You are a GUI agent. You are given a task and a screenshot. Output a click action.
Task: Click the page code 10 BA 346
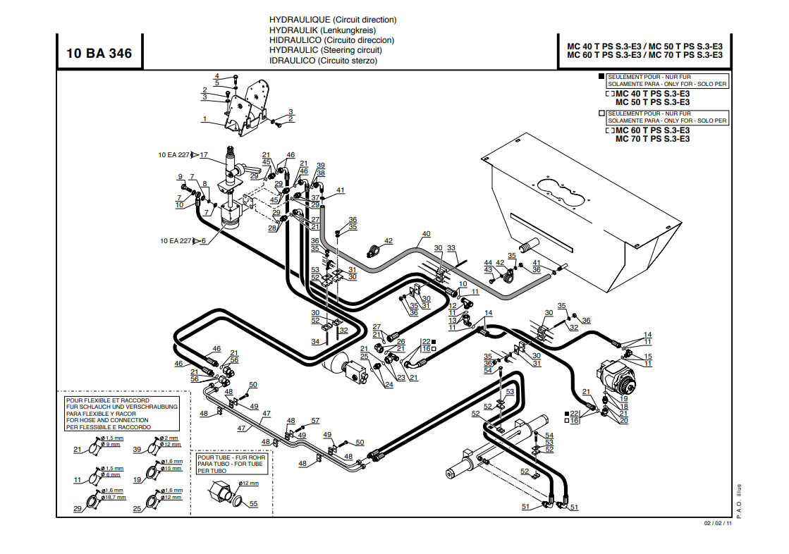pyautogui.click(x=99, y=54)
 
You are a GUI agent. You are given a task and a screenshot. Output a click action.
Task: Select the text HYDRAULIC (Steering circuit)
pyautogui.click(x=326, y=50)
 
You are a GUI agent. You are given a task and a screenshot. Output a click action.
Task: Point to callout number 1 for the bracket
pyautogui.click(x=204, y=119)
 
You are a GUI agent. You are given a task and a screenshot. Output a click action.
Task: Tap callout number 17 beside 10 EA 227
pyautogui.click(x=204, y=155)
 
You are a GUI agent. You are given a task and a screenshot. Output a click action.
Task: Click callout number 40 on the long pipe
pyautogui.click(x=426, y=234)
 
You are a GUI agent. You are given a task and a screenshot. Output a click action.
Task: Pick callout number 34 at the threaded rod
pyautogui.click(x=316, y=342)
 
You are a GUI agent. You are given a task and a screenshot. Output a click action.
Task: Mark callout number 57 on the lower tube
pyautogui.click(x=315, y=421)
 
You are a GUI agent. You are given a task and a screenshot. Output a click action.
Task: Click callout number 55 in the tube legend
pyautogui.click(x=254, y=504)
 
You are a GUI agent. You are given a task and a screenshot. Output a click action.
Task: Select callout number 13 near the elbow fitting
pyautogui.click(x=452, y=320)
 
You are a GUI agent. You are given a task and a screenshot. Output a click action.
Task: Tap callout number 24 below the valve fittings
pyautogui.click(x=389, y=384)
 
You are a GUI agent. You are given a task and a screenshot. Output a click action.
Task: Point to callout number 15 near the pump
pyautogui.click(x=647, y=356)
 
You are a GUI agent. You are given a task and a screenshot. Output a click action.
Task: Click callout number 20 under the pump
pyautogui.click(x=623, y=421)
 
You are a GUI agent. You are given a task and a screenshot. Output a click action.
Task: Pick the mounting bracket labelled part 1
pyautogui.click(x=247, y=109)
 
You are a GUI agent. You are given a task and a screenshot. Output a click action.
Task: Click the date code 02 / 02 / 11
pyautogui.click(x=718, y=523)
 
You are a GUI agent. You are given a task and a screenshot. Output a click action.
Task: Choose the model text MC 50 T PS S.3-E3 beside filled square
pyautogui.click(x=652, y=102)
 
